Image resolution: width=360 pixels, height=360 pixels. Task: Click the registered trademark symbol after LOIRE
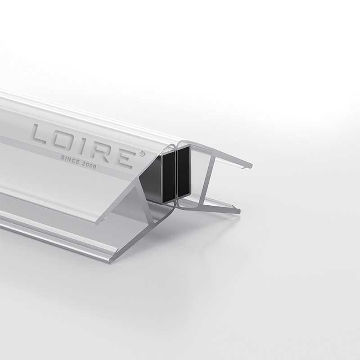(x=142, y=153)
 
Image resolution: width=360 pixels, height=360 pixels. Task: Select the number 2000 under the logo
(x=88, y=165)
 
